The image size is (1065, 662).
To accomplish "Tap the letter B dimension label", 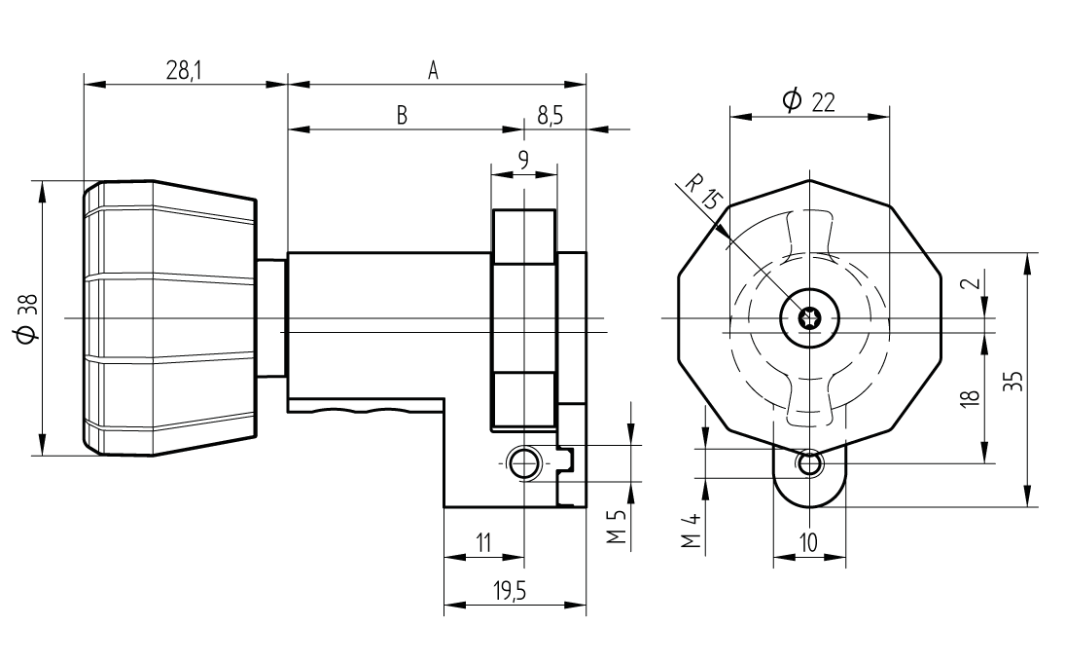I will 401,116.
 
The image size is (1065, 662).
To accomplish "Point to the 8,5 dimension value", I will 550,116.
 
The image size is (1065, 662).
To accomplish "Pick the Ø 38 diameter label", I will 27,318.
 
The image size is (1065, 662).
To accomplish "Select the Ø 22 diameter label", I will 809,100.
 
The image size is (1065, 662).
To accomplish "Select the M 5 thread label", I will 614,527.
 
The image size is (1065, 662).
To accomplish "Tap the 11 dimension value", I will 483,543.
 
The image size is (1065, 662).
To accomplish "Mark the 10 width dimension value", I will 808,543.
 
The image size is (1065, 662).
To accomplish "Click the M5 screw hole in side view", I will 524,463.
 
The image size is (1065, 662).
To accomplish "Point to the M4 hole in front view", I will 809,464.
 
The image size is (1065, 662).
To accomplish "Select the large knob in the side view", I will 170,317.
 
